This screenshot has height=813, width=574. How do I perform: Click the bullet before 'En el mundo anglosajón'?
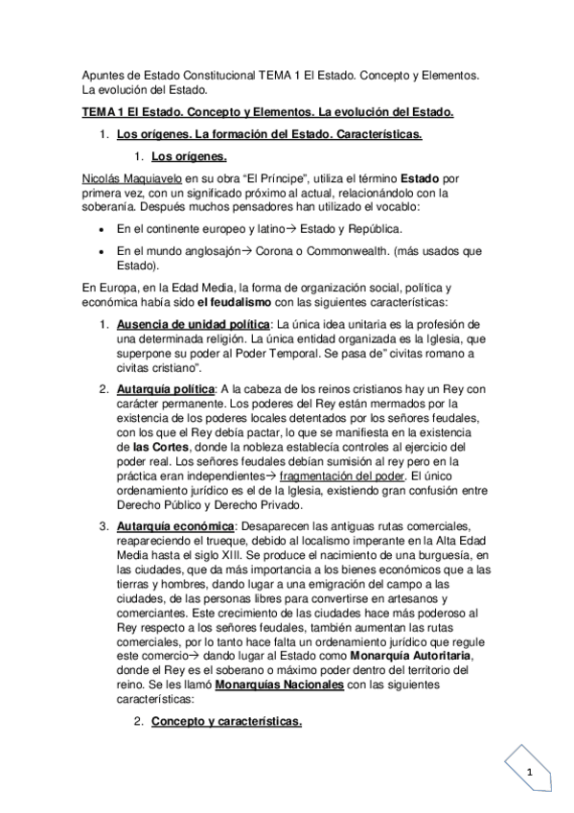101,252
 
